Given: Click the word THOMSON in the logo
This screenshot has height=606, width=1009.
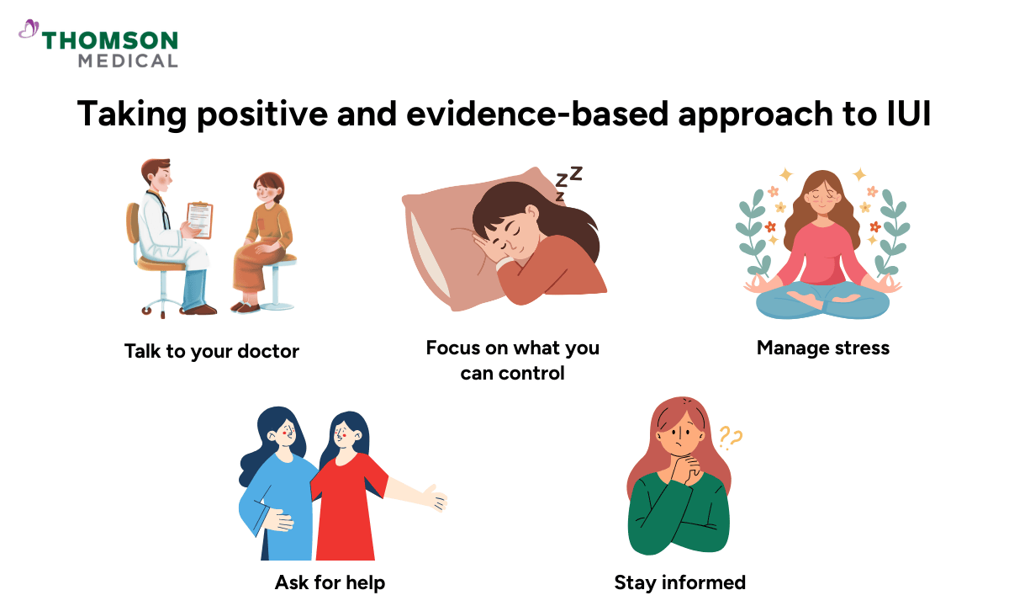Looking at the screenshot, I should point(110,40).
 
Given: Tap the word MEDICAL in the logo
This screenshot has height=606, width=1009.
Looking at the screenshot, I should point(128,61).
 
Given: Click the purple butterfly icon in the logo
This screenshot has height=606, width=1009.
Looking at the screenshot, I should point(29,31).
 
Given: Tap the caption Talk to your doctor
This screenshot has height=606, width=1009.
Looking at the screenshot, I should point(211,351).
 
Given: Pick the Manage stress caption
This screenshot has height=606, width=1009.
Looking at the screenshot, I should point(822,348).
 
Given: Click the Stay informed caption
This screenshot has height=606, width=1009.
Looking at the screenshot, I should point(679,582).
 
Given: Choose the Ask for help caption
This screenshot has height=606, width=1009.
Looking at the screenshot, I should point(330,582).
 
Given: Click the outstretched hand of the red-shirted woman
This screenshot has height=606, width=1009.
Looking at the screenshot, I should point(436,498).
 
